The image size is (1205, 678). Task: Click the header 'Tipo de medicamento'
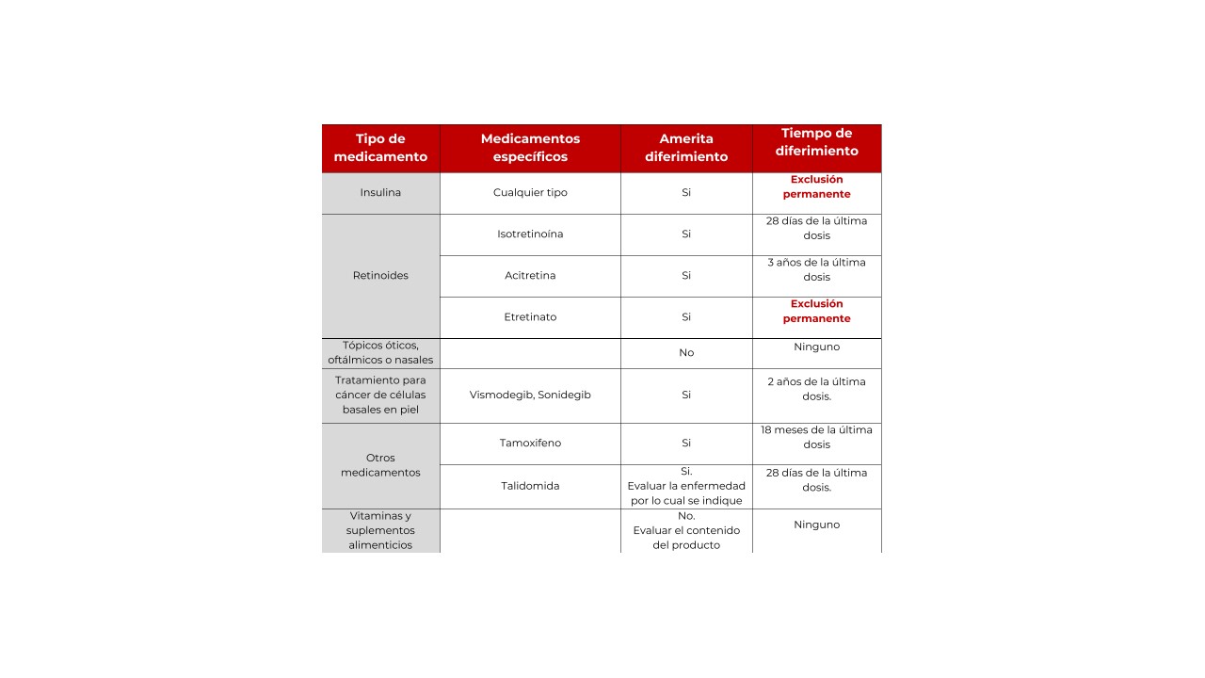click(x=380, y=148)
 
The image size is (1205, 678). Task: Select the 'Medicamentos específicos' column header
click(x=530, y=148)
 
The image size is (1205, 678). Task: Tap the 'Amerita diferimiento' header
click(x=686, y=148)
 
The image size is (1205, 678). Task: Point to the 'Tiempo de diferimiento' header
click(x=816, y=142)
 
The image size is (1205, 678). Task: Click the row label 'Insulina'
click(x=380, y=193)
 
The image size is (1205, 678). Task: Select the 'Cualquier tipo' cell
click(x=530, y=193)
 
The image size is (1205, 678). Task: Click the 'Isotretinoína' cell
click(x=530, y=234)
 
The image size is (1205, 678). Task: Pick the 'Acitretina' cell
click(x=530, y=276)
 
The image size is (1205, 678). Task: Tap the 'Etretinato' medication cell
click(x=530, y=317)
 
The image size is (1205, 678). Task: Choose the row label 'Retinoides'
click(x=380, y=276)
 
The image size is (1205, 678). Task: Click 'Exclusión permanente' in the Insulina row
click(x=816, y=186)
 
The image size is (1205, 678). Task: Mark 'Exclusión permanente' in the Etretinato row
click(x=816, y=311)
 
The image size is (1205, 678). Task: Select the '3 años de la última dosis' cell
click(x=816, y=269)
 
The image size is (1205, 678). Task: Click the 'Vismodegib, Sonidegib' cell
click(x=530, y=395)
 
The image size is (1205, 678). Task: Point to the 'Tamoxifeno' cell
click(x=530, y=444)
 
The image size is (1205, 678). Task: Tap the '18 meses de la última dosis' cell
click(x=816, y=437)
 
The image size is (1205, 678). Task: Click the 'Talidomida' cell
click(x=530, y=487)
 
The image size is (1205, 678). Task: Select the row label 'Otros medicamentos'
click(x=380, y=465)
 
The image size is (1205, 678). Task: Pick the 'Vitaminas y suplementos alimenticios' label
click(x=380, y=530)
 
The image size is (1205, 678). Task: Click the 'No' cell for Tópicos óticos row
click(x=686, y=353)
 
